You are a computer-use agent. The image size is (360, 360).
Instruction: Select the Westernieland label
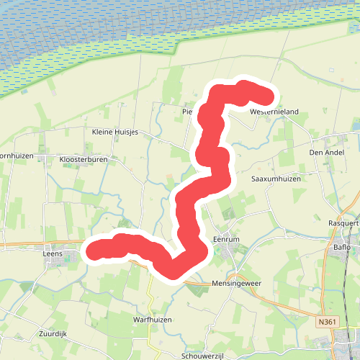(274, 112)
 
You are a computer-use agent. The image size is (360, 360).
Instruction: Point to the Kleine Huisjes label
(115, 132)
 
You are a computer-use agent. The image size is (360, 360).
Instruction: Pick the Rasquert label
(343, 222)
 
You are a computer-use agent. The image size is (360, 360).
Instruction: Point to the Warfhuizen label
(151, 318)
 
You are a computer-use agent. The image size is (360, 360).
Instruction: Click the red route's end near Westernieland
(267, 97)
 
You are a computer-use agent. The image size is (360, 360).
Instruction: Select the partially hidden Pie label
(186, 112)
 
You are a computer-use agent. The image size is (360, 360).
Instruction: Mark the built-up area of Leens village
(65, 255)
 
